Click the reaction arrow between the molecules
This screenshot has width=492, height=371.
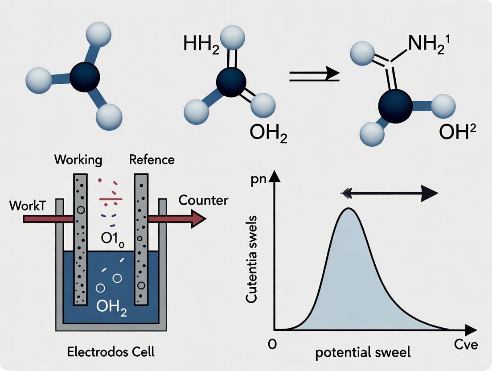click(x=314, y=74)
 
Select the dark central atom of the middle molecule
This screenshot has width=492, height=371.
click(x=230, y=82)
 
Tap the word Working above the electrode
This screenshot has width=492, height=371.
click(x=78, y=160)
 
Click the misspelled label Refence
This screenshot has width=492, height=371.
click(x=152, y=160)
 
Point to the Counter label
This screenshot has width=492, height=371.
click(x=203, y=200)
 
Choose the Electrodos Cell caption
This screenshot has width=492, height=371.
click(x=111, y=352)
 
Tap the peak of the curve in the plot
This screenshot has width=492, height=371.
click(x=348, y=209)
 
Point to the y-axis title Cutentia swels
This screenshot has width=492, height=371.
click(x=251, y=260)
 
